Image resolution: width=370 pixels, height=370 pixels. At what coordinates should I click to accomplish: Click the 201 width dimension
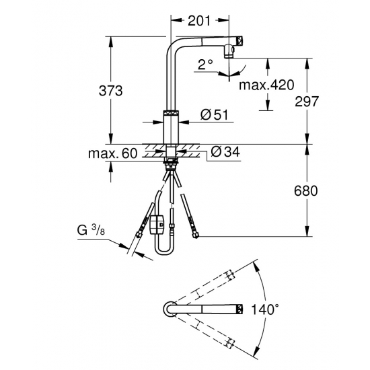point(199,21)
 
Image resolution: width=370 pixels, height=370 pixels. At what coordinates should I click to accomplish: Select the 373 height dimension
point(111,91)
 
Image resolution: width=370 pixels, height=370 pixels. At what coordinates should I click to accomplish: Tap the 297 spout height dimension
point(307,102)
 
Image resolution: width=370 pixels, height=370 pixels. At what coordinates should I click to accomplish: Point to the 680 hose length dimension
point(306,191)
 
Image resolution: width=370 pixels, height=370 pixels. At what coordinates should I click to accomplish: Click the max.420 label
point(266,85)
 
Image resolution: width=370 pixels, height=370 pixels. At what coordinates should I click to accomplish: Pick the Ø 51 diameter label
point(214,114)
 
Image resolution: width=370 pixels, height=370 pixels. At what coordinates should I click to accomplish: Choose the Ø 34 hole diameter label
point(225,151)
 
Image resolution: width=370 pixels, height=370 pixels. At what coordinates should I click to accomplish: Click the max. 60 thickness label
point(112,153)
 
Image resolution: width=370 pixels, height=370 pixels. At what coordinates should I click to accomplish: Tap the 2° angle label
point(205,64)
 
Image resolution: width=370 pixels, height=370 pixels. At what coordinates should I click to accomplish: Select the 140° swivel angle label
point(264,309)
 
